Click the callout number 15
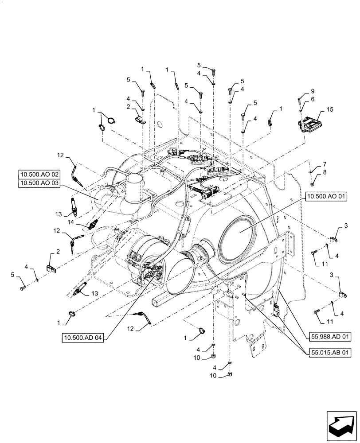click(x=329, y=109)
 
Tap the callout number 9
click(x=312, y=90)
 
